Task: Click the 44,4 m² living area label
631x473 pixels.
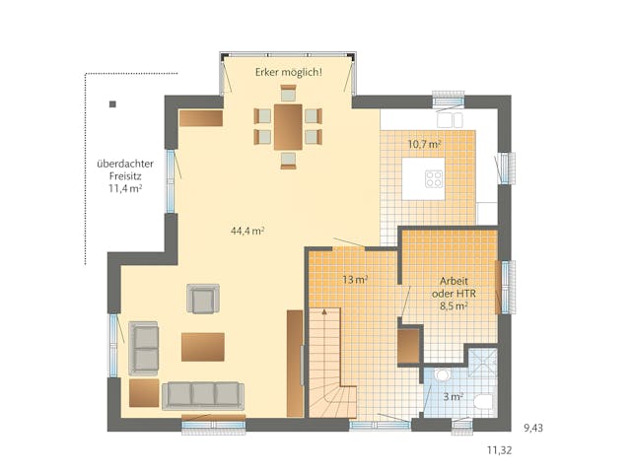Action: (x=246, y=231)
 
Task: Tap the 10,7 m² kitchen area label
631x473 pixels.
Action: (x=424, y=143)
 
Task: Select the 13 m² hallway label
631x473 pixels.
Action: (x=355, y=280)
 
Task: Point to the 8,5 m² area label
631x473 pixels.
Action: (x=454, y=306)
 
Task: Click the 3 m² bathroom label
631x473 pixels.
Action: (x=453, y=397)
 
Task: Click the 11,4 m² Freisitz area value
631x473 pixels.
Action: (x=125, y=188)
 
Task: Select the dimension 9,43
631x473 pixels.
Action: (x=532, y=428)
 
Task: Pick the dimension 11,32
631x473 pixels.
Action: (x=499, y=451)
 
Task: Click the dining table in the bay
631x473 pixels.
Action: (x=289, y=127)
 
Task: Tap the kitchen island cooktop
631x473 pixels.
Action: (x=434, y=178)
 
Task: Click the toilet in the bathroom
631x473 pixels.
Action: (x=482, y=402)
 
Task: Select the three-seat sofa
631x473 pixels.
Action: (x=202, y=394)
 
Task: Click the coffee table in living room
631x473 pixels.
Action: (x=202, y=346)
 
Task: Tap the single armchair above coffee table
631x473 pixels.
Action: (x=203, y=298)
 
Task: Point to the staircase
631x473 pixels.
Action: (x=330, y=360)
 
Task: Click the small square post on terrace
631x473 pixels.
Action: (x=113, y=103)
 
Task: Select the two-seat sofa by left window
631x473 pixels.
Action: (x=145, y=347)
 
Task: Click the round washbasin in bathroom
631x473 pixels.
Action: (x=442, y=376)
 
